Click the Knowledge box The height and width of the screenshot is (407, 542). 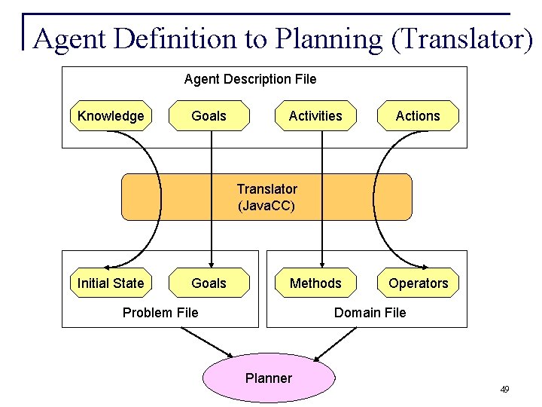(111, 116)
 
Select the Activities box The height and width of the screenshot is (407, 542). (315, 116)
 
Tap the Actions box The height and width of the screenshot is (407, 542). (418, 116)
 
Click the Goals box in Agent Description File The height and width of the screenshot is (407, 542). (209, 116)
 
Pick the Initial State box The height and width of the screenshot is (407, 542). (111, 283)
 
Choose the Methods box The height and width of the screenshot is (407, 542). (315, 283)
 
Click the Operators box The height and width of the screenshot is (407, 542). (418, 283)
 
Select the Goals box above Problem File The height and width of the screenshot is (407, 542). (209, 283)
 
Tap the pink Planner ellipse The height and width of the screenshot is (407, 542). (269, 378)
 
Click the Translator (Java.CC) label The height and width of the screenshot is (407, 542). (267, 197)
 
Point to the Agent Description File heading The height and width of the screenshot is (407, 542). (251, 79)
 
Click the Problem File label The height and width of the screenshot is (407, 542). (160, 313)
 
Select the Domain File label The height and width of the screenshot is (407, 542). (370, 313)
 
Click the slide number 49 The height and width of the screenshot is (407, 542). (504, 390)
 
